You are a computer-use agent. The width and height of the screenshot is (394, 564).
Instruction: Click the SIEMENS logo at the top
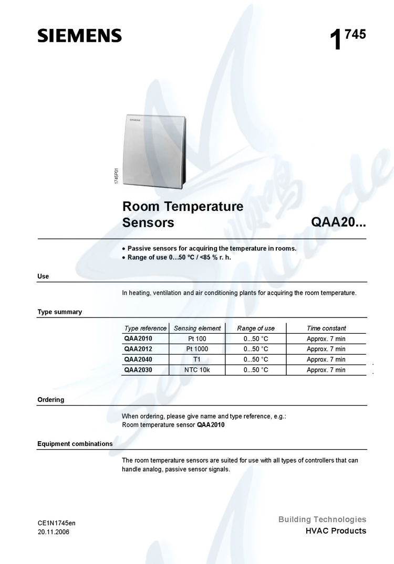click(79, 36)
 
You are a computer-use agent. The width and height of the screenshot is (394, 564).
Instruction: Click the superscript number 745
click(356, 35)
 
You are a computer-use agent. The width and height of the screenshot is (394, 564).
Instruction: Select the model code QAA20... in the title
click(338, 222)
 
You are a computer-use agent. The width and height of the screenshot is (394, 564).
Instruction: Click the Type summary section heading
click(59, 312)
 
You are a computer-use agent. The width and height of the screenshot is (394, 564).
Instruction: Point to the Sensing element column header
click(197, 328)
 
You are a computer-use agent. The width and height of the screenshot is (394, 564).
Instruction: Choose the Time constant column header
click(326, 328)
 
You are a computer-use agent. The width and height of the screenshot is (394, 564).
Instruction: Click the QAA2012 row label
click(138, 349)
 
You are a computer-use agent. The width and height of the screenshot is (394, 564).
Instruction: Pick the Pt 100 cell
click(197, 339)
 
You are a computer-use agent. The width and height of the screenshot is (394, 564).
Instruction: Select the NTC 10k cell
click(197, 370)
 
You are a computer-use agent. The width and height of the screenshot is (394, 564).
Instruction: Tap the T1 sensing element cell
click(197, 359)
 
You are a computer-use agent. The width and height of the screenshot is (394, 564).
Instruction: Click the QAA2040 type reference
click(138, 359)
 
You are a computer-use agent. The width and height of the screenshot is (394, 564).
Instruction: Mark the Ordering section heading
click(50, 400)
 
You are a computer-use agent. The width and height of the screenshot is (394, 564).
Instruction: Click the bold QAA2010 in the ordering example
click(211, 425)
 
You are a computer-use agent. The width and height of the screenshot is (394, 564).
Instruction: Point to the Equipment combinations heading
click(75, 444)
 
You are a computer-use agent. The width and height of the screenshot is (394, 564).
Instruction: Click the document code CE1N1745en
click(57, 523)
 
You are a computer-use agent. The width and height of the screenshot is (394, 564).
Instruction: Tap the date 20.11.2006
click(53, 532)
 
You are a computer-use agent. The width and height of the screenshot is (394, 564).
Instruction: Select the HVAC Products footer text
click(336, 531)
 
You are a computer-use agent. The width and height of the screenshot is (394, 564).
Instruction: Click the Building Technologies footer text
click(322, 519)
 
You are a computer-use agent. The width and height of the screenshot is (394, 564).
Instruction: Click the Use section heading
click(43, 276)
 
